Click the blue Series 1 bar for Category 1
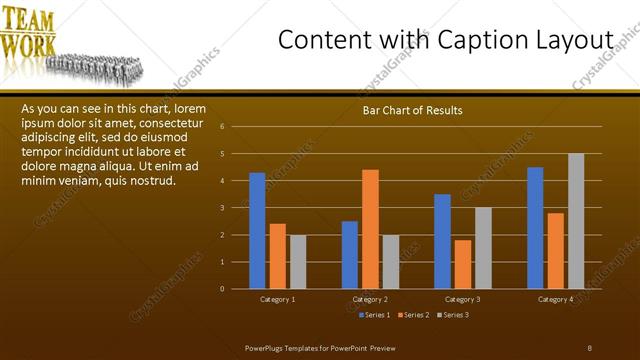257,231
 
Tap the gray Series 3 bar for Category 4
576,221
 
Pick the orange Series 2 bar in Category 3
463,264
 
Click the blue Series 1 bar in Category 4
535,228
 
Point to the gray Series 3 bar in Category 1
298,262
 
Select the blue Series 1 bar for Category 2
350,255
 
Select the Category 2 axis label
370,300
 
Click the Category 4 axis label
555,300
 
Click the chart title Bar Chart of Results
412,110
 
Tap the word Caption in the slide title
470,40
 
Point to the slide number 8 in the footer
589,348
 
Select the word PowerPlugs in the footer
266,348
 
